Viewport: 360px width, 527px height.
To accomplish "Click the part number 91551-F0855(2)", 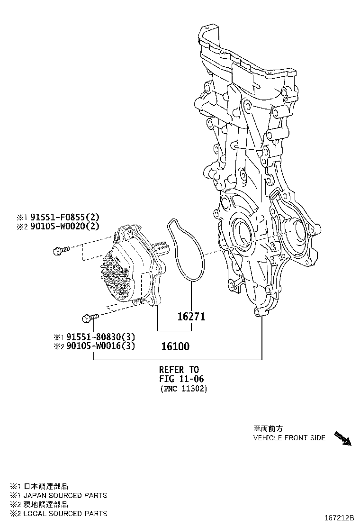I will tap(65, 218).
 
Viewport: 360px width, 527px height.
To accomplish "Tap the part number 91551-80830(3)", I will tap(100, 337).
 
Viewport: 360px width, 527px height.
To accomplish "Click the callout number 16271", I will tap(191, 316).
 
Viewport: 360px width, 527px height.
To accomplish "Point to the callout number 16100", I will tap(175, 346).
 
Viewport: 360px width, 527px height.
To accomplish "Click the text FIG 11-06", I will tap(179, 379).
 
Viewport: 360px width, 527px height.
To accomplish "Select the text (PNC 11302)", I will tap(183, 388).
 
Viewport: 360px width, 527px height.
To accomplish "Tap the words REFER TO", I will tap(179, 369).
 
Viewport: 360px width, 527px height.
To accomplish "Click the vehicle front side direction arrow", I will tap(342, 438).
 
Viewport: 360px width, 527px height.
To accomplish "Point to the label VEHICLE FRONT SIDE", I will tap(289, 438).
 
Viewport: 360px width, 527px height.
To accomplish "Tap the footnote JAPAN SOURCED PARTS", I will tap(65, 495).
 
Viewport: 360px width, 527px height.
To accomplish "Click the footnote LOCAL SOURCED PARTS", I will tap(65, 513).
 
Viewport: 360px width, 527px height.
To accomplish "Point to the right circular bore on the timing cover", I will tap(297, 230).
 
